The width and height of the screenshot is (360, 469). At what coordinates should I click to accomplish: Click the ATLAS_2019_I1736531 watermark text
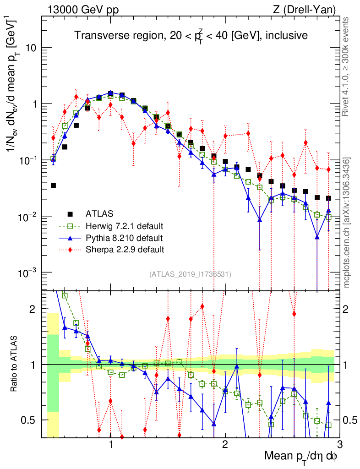click(x=190, y=274)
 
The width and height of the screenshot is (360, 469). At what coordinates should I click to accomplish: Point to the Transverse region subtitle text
click(x=190, y=35)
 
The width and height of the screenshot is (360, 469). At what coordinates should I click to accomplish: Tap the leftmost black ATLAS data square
click(x=53, y=185)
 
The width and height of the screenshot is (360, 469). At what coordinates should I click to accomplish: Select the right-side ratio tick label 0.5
click(x=350, y=420)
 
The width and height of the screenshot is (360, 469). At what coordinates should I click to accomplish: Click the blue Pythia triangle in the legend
click(x=70, y=238)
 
